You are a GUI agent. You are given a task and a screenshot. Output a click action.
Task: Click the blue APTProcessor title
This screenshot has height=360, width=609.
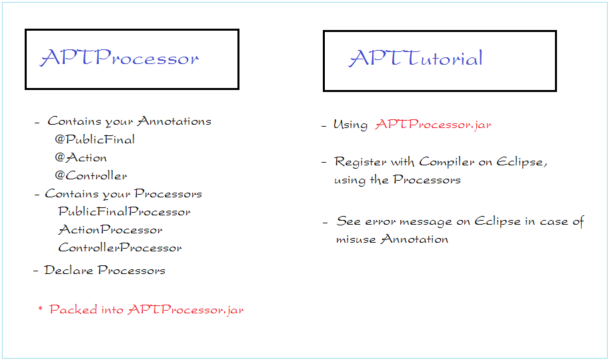point(119,57)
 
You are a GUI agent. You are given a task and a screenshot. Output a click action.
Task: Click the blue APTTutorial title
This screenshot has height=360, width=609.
point(416,58)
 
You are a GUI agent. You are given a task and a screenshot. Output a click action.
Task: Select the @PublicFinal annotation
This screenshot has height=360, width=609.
point(95,139)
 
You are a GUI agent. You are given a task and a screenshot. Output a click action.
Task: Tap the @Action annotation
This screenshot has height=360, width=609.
point(81,157)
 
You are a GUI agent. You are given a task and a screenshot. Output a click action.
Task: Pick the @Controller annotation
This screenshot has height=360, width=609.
point(91,175)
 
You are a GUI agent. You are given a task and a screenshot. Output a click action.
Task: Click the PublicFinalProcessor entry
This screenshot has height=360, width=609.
point(124,211)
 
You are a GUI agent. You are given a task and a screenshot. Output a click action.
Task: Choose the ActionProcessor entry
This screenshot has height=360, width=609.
point(110,229)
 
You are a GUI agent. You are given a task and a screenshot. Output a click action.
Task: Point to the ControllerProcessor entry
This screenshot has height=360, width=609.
point(120,247)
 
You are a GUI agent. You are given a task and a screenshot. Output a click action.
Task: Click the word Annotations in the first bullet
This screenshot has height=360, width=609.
point(174,121)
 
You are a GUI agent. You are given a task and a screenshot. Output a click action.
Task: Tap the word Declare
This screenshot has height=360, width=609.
point(68,270)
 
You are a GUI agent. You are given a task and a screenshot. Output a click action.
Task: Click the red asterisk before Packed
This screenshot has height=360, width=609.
point(40,309)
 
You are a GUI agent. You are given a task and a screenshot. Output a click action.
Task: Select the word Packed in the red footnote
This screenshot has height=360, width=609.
point(73,309)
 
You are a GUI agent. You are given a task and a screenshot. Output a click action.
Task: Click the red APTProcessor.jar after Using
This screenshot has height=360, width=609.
point(433,124)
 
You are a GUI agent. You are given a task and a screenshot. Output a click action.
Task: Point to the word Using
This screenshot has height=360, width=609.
point(350,125)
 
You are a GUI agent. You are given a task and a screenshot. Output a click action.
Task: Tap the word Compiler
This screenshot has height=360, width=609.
point(447,161)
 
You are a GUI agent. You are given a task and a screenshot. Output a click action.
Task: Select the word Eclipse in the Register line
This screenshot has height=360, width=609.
point(522,161)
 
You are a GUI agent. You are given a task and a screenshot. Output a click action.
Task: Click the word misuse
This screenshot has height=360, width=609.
point(356,239)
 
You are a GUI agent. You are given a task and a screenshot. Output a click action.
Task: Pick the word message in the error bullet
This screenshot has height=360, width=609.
point(426,222)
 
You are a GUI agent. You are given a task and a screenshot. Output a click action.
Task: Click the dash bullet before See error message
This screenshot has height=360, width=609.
point(325,223)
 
